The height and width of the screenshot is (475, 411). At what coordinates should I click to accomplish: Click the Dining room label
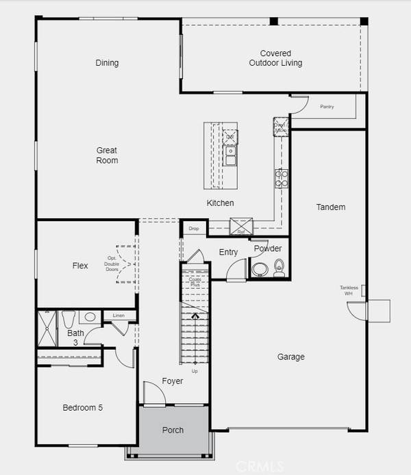[107, 63]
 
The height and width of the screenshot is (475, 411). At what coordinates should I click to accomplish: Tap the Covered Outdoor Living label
[275, 58]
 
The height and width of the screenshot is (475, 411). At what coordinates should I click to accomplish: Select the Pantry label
[327, 107]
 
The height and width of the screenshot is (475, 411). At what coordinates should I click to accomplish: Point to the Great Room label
[107, 155]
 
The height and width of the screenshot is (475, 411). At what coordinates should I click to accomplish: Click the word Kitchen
[221, 203]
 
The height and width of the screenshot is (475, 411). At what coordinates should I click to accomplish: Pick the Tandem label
[331, 207]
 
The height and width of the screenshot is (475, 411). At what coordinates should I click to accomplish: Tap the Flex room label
[80, 266]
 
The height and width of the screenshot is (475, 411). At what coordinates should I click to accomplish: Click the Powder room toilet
[279, 266]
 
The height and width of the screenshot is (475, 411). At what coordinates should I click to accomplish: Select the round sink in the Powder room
[260, 270]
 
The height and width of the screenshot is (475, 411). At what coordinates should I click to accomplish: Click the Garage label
[291, 357]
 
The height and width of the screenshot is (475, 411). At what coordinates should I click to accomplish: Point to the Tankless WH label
[349, 290]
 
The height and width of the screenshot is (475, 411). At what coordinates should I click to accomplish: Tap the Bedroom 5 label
[82, 408]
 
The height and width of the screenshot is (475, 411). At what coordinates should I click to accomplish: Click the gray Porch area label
[173, 431]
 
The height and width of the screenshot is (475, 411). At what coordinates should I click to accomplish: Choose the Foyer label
[173, 381]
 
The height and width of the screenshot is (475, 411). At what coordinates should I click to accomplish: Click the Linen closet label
[119, 316]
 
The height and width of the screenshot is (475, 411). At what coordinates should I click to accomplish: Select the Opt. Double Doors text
[113, 263]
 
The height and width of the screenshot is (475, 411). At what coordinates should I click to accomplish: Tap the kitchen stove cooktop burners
[281, 179]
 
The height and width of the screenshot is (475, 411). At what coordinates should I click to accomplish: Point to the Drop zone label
[193, 229]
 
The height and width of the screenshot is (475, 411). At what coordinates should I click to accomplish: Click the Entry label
[228, 252]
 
